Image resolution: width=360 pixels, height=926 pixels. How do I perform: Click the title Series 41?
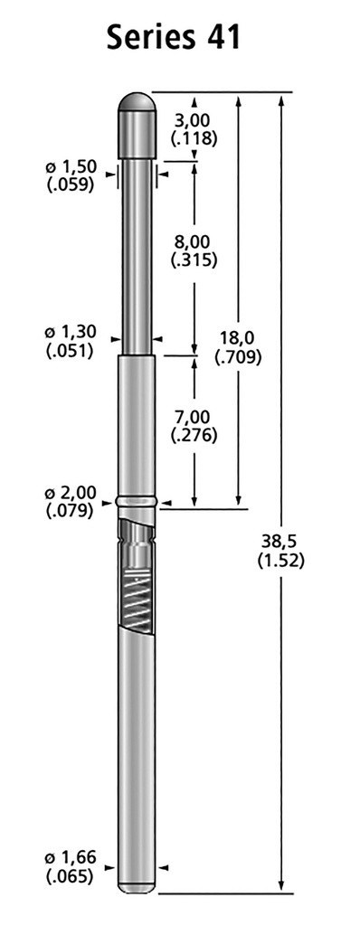(174, 37)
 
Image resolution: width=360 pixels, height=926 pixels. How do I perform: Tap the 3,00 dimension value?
(194, 121)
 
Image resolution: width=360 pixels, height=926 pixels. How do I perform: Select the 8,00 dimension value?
(194, 242)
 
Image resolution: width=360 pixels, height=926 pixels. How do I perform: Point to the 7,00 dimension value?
(194, 418)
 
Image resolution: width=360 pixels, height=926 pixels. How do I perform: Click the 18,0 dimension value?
(237, 338)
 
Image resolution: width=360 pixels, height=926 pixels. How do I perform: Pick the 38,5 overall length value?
(280, 541)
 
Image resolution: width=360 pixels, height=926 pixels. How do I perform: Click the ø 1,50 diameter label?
(71, 167)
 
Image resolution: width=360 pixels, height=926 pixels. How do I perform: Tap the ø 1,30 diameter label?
(71, 333)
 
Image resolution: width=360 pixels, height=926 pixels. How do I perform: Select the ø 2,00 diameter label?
(71, 493)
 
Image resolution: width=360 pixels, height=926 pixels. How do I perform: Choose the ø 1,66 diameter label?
(71, 858)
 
